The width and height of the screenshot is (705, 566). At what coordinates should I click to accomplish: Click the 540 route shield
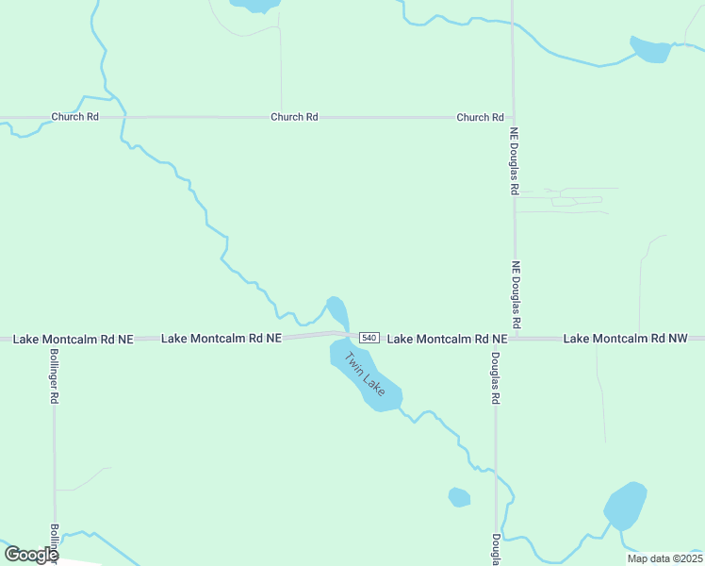point(369,338)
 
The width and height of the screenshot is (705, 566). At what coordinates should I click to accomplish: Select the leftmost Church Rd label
point(74,117)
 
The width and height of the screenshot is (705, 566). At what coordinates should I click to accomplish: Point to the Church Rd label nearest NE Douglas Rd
point(480,117)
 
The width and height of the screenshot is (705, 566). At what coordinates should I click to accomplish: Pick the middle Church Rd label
point(294,117)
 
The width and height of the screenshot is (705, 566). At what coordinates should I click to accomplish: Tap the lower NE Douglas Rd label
point(516,288)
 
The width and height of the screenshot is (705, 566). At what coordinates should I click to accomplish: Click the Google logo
point(31,555)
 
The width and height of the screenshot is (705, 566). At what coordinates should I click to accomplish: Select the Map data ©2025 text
point(664,558)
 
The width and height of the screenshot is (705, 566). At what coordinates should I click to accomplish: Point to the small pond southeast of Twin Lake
point(459,496)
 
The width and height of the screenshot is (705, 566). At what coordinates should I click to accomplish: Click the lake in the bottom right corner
point(625,507)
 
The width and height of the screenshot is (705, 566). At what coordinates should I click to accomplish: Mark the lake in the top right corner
point(650,49)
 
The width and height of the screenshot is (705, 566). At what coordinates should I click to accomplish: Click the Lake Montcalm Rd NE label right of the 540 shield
point(448,338)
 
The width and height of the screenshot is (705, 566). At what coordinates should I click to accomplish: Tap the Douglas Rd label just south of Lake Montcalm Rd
point(495,378)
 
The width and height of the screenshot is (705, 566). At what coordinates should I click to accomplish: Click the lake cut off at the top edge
point(255,5)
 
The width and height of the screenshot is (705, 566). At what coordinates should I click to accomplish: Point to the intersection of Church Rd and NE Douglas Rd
point(512,118)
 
